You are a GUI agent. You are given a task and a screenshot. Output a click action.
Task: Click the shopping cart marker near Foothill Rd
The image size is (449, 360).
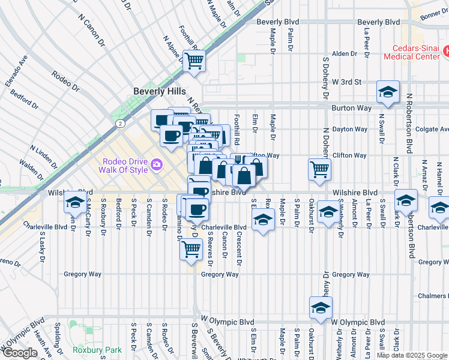point(194,59)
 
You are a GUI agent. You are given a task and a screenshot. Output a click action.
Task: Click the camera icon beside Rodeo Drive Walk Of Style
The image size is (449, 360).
point(157,164)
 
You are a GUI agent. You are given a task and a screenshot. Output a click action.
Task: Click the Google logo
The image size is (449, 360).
point(19,353)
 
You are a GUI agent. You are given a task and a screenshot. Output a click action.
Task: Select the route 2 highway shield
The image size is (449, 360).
point(121,123)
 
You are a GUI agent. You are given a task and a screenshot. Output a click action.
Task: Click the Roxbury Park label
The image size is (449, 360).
point(97,350)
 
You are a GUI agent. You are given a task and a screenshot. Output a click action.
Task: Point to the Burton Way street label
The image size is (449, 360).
point(349,109)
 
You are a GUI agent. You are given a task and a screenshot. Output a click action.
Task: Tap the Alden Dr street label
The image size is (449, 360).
point(345,53)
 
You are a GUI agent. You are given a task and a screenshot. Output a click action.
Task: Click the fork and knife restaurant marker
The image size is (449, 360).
point(237,161)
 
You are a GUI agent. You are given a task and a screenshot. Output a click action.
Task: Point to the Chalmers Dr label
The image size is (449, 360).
point(431,296)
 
